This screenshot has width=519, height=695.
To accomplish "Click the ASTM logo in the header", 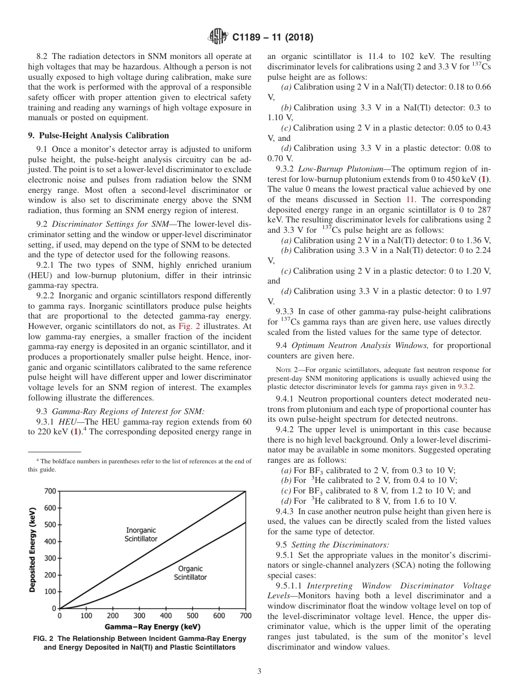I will [x=219, y=37].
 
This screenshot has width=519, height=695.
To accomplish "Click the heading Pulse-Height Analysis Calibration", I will [x=98, y=136].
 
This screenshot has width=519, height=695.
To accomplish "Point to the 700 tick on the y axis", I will [x=50, y=491].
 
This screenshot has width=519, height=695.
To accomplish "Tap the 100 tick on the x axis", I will [x=86, y=616].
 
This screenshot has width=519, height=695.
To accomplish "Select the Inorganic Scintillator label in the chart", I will [x=141, y=534].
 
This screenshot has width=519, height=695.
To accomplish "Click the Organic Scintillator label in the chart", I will [x=190, y=573].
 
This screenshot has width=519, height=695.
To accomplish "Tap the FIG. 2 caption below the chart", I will [x=140, y=643].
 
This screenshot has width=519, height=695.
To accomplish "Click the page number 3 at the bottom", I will [x=259, y=672].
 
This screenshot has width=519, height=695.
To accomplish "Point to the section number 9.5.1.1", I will [x=292, y=585].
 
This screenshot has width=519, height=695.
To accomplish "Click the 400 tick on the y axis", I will [x=50, y=541].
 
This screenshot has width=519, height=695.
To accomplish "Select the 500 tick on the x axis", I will [x=193, y=616].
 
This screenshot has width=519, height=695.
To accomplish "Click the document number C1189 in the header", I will [x=249, y=38].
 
